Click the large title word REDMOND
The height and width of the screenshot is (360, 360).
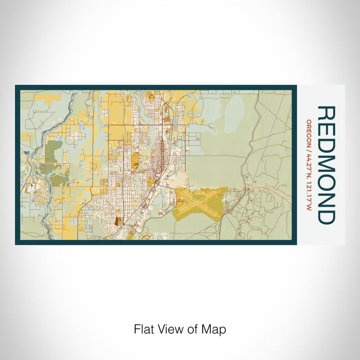(x=326, y=165)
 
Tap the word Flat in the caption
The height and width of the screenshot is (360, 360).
(x=146, y=329)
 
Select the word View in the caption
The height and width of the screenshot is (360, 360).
(x=172, y=329)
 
